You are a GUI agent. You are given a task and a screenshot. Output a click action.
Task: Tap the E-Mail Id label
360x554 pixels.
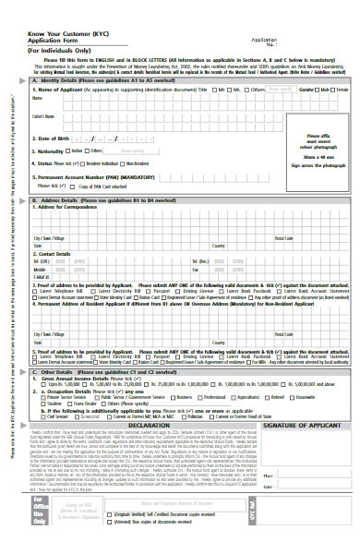tap(42, 276)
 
